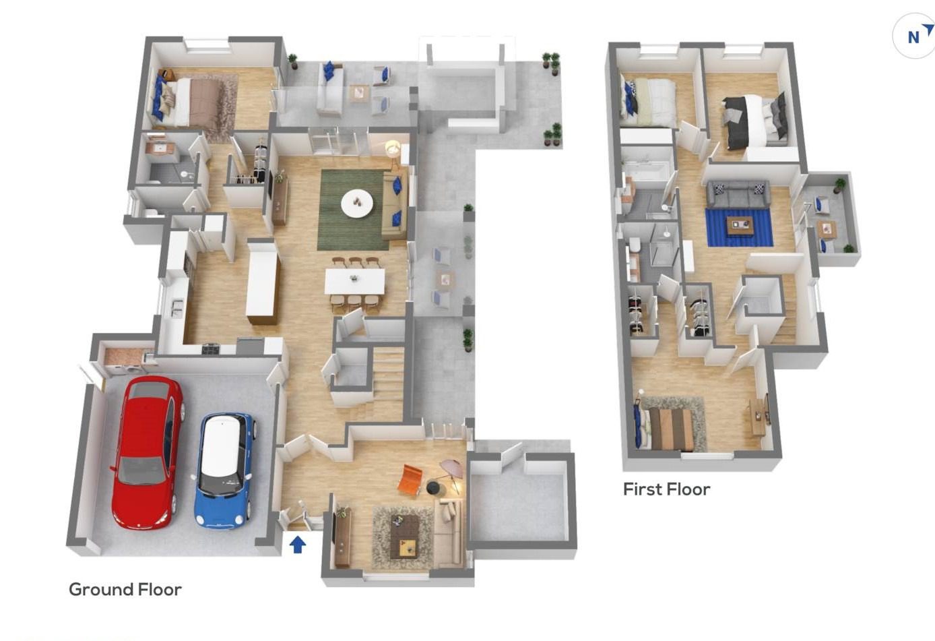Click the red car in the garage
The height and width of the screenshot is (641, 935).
pyautogui.click(x=148, y=453)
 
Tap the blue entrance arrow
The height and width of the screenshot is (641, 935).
pyautogui.click(x=298, y=545)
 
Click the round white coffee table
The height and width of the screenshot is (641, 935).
pyautogui.click(x=357, y=203)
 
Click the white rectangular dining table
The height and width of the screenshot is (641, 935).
pyautogui.click(x=355, y=280)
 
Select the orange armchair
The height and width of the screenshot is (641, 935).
pyautogui.click(x=410, y=482)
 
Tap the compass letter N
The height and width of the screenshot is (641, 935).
pyautogui.click(x=913, y=38)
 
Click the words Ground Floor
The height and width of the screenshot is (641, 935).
pyautogui.click(x=125, y=590)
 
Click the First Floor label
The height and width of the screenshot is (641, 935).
pyautogui.click(x=667, y=489)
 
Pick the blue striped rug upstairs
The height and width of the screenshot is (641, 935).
pyautogui.click(x=739, y=228)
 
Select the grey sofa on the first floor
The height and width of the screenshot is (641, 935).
pyautogui.click(x=738, y=193)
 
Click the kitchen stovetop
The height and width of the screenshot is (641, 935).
pyautogui.click(x=211, y=348)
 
